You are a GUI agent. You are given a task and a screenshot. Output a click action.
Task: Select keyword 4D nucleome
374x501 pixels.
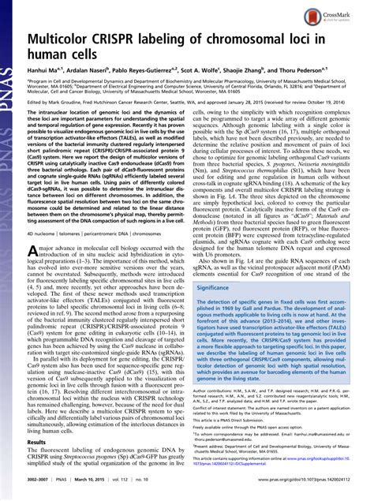pyautogui.click(x=46, y=256)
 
